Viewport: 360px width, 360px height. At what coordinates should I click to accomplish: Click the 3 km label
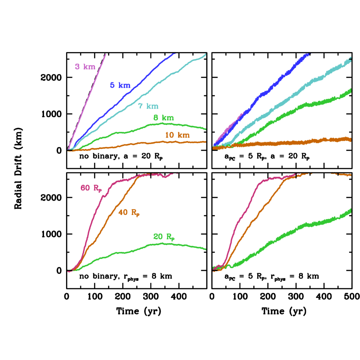[x=85, y=67]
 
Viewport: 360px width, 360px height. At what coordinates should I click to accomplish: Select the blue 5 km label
[x=120, y=85]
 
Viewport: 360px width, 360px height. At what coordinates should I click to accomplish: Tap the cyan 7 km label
[x=148, y=106]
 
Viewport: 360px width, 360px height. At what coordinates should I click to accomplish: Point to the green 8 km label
[x=164, y=118]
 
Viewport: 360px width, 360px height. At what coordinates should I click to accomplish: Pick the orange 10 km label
[x=177, y=135]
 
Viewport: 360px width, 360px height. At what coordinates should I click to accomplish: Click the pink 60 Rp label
[x=92, y=188]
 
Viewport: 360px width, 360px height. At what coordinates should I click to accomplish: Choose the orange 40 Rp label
[x=129, y=213]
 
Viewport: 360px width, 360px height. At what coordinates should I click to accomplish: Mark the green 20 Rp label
[x=164, y=237]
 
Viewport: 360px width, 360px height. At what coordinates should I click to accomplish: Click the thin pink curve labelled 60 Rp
[x=94, y=216]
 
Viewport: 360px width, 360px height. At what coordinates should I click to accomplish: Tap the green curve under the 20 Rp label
[x=120, y=253]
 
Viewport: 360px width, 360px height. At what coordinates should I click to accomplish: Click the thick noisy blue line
[x=272, y=88]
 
